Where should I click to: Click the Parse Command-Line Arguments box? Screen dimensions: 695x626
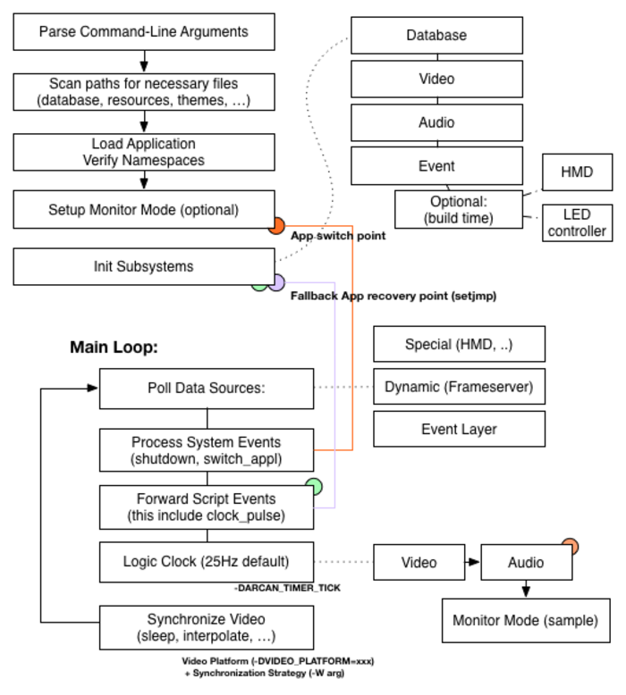(x=143, y=33)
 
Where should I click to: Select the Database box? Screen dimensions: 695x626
(x=436, y=36)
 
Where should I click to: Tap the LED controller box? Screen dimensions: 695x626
(x=577, y=222)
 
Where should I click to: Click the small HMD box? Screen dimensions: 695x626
(x=577, y=172)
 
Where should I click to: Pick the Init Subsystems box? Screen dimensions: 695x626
(x=143, y=267)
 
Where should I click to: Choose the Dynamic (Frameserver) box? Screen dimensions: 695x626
(x=459, y=387)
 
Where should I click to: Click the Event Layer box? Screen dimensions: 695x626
(x=459, y=430)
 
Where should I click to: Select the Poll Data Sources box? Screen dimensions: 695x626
(x=207, y=389)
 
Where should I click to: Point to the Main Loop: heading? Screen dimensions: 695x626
(x=114, y=347)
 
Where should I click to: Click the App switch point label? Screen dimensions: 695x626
(x=338, y=237)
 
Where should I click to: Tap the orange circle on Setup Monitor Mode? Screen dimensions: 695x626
(x=276, y=226)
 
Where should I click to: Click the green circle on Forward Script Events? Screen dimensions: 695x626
(x=314, y=487)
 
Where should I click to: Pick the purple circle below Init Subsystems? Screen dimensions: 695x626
(x=276, y=283)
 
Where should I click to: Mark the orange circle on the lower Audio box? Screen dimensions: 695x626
(x=569, y=546)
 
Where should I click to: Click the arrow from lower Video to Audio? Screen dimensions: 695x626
(x=471, y=563)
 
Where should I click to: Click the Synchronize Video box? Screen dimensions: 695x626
(x=207, y=627)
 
